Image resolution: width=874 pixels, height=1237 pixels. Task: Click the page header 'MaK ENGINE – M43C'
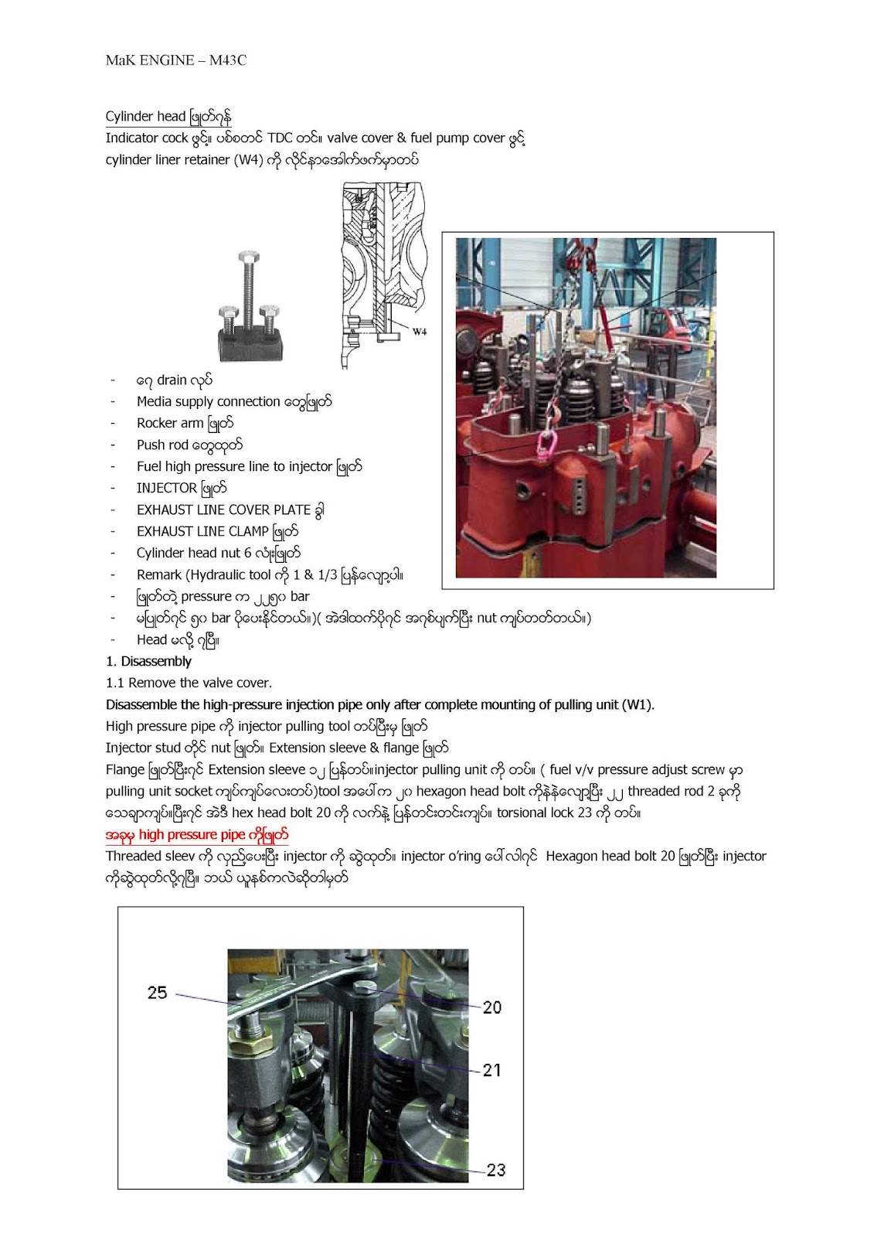(x=176, y=60)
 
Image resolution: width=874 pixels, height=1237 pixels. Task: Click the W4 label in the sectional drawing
(x=419, y=332)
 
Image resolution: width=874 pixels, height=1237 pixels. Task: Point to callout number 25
(x=157, y=993)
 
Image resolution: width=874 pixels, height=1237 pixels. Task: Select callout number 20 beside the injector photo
(x=492, y=1007)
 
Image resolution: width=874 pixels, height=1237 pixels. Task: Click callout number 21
(x=492, y=1071)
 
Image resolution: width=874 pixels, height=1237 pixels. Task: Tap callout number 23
(x=495, y=1170)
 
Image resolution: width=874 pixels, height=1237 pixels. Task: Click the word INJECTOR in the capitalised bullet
(x=167, y=489)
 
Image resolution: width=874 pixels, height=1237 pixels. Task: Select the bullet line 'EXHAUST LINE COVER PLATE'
(x=224, y=510)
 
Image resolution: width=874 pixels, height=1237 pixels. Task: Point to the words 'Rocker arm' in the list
(x=170, y=424)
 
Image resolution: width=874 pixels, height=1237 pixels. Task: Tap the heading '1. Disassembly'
(x=148, y=662)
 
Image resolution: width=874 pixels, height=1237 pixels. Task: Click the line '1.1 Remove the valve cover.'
(x=189, y=683)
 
